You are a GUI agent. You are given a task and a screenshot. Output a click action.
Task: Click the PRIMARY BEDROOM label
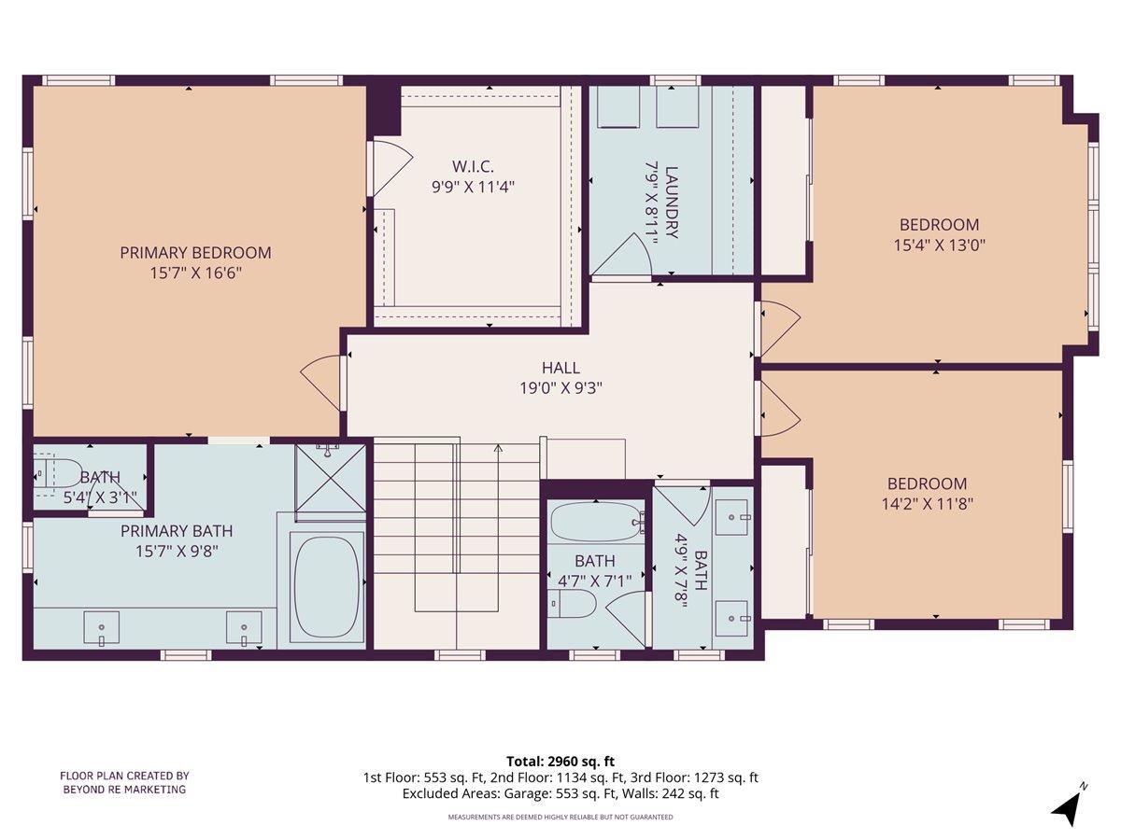195,252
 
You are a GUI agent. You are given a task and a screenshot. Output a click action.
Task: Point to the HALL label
560,368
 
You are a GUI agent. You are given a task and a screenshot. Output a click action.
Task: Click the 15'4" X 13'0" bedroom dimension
939,245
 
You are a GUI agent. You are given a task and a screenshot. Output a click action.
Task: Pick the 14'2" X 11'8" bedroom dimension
927,505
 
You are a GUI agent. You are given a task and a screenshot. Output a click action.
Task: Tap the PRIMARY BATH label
177,531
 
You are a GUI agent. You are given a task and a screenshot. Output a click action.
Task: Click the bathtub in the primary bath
327,587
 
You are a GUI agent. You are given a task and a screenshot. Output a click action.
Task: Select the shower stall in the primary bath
331,481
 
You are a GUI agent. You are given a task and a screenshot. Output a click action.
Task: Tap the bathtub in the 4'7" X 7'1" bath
596,522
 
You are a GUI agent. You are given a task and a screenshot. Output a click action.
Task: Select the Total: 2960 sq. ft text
560,761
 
